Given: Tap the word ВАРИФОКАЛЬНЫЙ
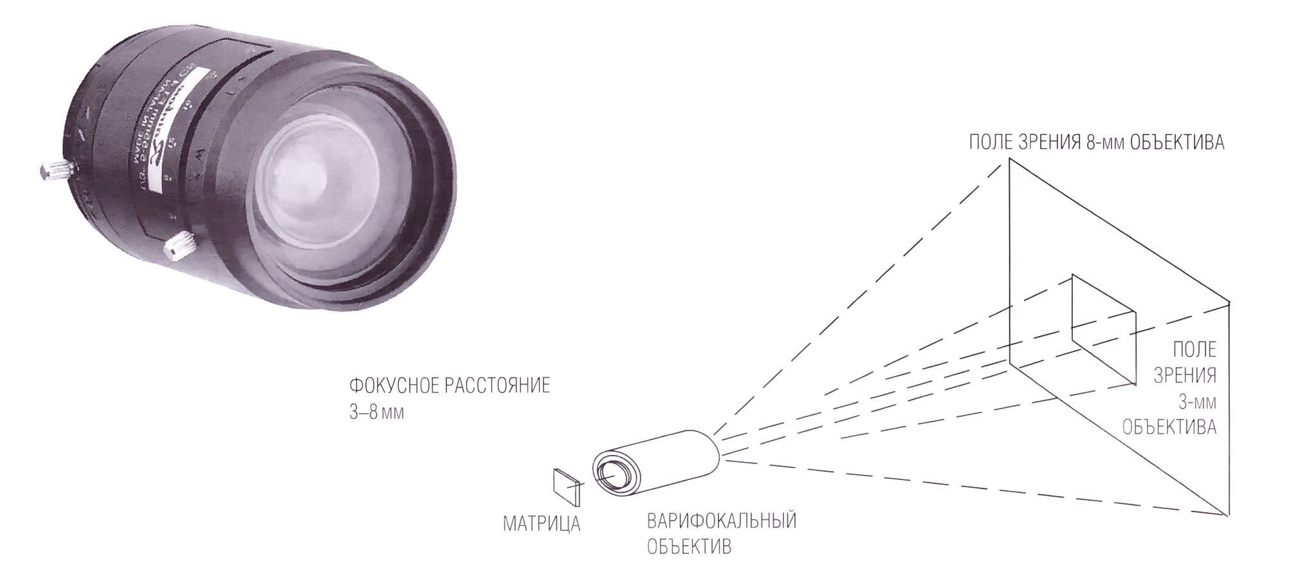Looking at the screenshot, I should pos(721,520).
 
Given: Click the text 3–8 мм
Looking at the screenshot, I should pos(376,412).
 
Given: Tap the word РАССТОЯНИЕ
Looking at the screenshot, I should pos(497,386).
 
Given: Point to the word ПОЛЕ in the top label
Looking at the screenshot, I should pos(991,142).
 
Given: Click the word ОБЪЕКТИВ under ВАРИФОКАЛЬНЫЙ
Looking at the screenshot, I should pos(689,547).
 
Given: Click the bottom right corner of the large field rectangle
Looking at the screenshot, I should pos(1229,515).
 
